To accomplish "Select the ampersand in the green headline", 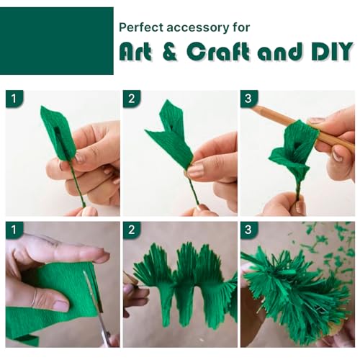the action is (x=170, y=51).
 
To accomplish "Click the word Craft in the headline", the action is (x=217, y=51).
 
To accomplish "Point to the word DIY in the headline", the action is (x=333, y=51).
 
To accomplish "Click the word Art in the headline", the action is (x=135, y=51).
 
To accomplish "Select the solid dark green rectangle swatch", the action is (x=57, y=41).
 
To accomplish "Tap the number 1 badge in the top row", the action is (x=14, y=99).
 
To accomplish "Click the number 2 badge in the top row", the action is (x=132, y=99).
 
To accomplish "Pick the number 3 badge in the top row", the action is (x=249, y=99).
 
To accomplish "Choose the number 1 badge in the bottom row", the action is (x=14, y=230).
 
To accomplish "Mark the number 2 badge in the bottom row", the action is (x=132, y=230).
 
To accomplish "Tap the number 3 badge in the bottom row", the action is (x=249, y=230).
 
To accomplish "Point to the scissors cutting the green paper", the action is (x=99, y=307).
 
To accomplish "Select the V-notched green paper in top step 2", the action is (x=171, y=135).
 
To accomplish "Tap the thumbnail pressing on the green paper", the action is (x=60, y=305).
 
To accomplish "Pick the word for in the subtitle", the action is (x=241, y=27).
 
